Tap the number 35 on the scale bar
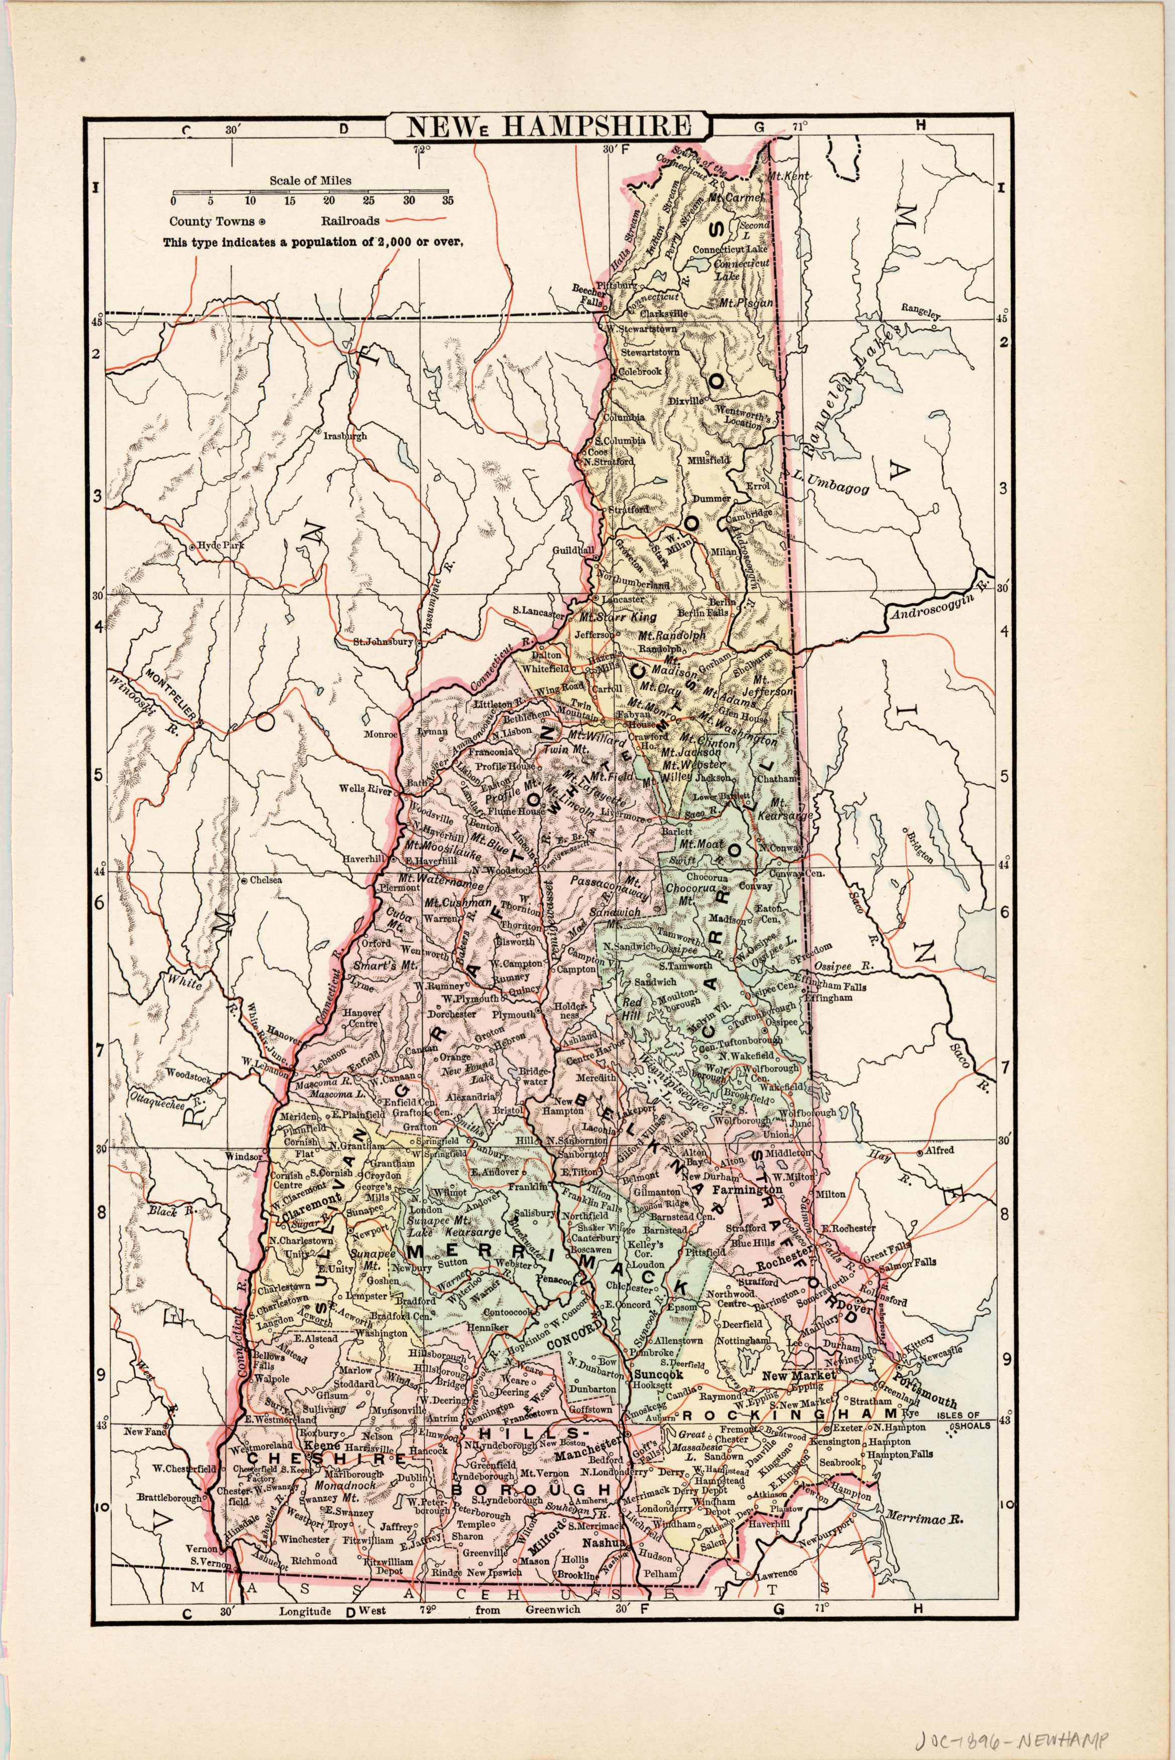[x=447, y=201]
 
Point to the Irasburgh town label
[x=345, y=435]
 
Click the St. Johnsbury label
[x=383, y=642]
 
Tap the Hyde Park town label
[x=221, y=546]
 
